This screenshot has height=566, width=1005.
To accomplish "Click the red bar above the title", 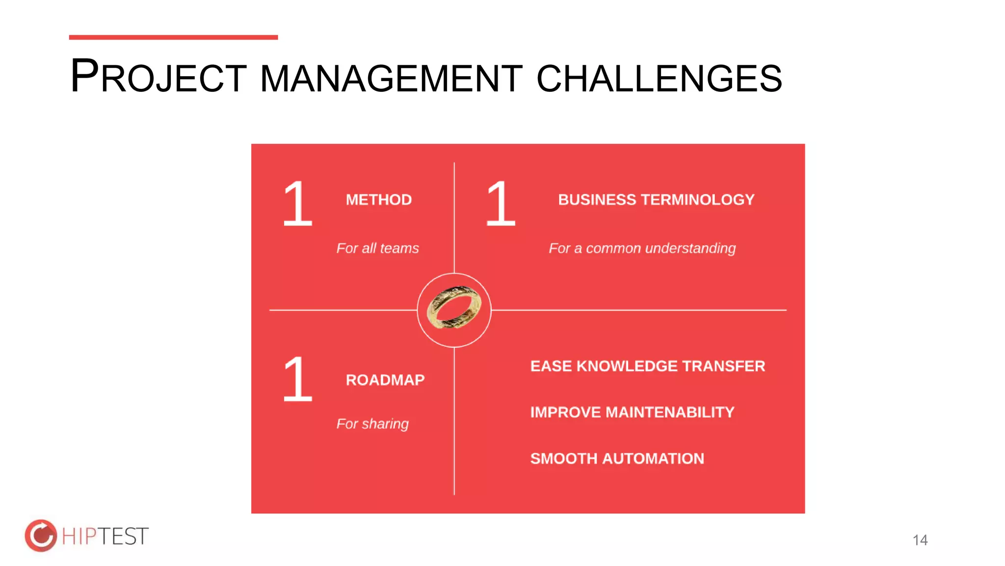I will click(173, 37).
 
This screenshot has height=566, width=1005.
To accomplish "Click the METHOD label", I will click(378, 200).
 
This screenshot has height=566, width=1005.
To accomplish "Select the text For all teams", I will click(377, 248).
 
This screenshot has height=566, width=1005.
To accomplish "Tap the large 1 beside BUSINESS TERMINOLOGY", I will click(501, 203).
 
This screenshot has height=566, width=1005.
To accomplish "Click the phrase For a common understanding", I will click(642, 249).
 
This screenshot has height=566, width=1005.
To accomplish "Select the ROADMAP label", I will click(385, 380).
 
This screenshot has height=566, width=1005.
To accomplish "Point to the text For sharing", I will click(372, 424).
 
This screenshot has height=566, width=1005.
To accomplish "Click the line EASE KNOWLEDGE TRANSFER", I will click(647, 366).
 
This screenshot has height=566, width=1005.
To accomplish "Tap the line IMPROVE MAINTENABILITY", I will click(632, 412).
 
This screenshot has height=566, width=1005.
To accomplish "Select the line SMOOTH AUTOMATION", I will click(617, 458).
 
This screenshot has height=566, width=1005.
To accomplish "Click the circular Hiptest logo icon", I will click(41, 536).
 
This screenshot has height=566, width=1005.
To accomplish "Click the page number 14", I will click(920, 540).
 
